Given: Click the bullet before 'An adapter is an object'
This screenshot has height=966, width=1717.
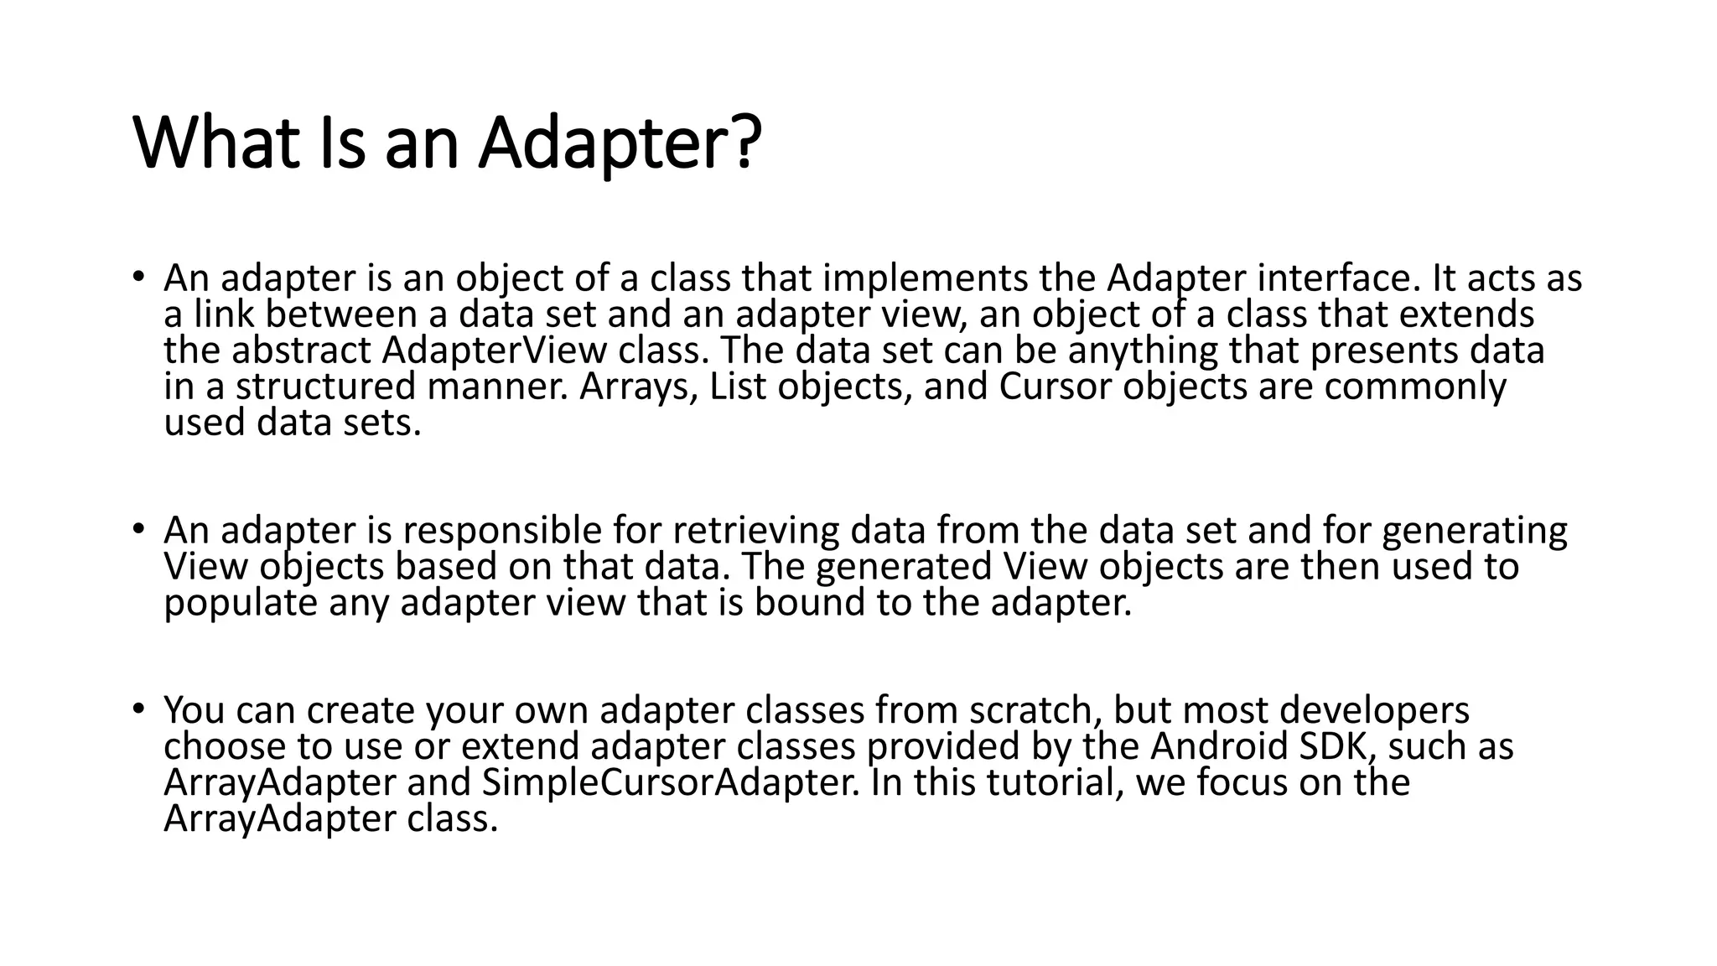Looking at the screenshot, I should [138, 276].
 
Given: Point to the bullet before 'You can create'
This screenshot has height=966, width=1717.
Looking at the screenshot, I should [138, 709].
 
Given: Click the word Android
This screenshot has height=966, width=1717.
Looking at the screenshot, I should [1219, 746].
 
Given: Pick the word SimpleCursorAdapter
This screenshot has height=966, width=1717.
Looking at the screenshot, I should [671, 782].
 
